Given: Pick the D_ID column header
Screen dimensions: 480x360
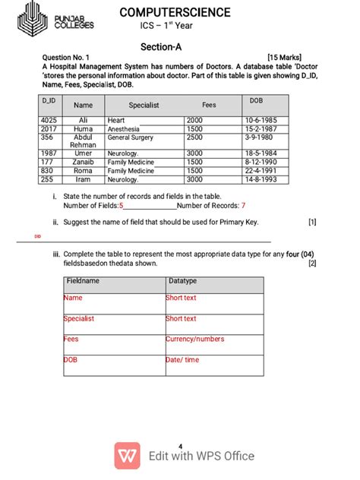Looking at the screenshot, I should click(48, 100).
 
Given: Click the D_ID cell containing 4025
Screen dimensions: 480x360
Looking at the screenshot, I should click(49, 120).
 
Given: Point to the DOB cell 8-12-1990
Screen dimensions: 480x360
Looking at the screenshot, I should click(261, 162).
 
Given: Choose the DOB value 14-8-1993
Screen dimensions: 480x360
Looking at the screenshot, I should click(261, 180).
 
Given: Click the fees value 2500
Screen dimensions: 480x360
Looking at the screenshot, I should click(194, 137).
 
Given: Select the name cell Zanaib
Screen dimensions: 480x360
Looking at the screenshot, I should click(83, 162).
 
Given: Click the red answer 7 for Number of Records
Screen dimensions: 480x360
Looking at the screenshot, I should click(243, 206).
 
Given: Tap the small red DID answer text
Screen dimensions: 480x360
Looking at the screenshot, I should click(38, 237).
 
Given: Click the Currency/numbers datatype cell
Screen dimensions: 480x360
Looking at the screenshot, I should click(195, 339).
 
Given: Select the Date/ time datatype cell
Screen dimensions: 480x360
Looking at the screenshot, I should click(182, 359).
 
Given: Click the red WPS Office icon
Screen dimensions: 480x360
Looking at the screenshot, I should click(127, 456).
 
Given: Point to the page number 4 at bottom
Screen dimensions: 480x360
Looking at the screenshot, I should click(180, 445).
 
